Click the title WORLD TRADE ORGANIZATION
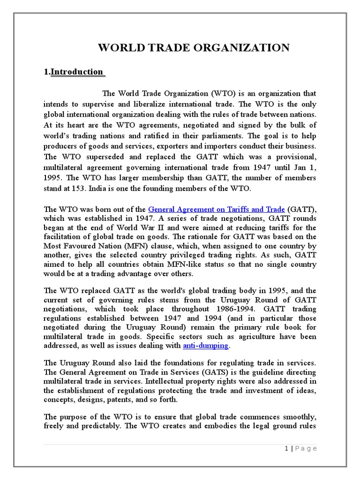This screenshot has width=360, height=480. point(193,47)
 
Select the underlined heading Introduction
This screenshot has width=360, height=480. point(76,72)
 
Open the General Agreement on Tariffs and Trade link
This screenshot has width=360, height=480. point(217,210)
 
